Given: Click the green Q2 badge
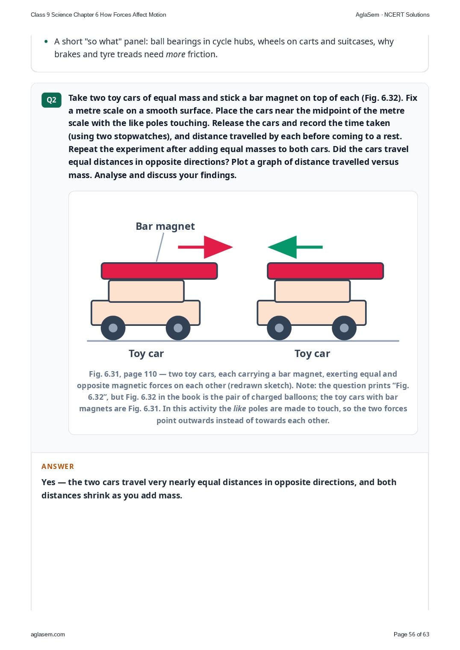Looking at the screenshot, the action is [x=51, y=100].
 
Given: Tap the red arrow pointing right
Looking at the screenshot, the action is [x=205, y=247].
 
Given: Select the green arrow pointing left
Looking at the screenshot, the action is [x=295, y=247].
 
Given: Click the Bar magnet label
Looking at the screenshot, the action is [x=165, y=226].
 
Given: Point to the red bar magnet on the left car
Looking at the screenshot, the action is [x=159, y=271].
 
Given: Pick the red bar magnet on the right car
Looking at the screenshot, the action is [x=325, y=271].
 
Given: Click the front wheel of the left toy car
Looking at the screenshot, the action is [x=178, y=328].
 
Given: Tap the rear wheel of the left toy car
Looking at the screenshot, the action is [x=113, y=328].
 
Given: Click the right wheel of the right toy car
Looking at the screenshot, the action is [x=344, y=328].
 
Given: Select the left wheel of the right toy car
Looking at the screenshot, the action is [x=279, y=328].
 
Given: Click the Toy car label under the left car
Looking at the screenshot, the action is [x=146, y=354].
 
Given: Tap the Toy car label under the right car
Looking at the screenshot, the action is [x=312, y=354].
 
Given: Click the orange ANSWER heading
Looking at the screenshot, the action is [x=57, y=466].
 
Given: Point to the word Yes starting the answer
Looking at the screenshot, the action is [x=48, y=482].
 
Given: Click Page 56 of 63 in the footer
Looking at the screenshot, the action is [x=411, y=634].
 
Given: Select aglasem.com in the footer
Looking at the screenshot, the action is [x=48, y=634].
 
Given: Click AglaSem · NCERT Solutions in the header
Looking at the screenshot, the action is [x=392, y=15].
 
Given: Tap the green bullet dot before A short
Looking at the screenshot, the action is [x=46, y=41].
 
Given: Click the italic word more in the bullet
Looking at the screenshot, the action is [x=175, y=54].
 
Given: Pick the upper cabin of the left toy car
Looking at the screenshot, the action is [x=146, y=291].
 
